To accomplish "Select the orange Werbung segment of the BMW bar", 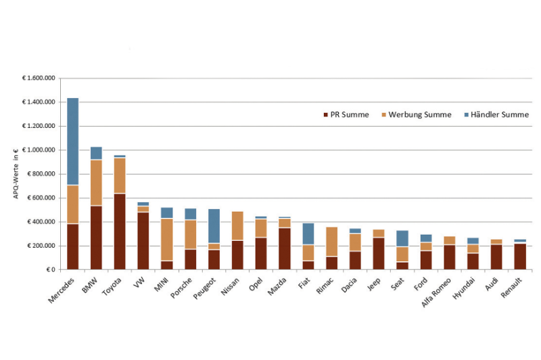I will [x=96, y=183].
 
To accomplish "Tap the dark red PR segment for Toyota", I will [x=120, y=231].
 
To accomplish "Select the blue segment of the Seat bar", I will [x=402, y=238].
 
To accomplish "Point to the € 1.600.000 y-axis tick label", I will [x=39, y=78].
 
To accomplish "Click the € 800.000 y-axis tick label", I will [x=40, y=174].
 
